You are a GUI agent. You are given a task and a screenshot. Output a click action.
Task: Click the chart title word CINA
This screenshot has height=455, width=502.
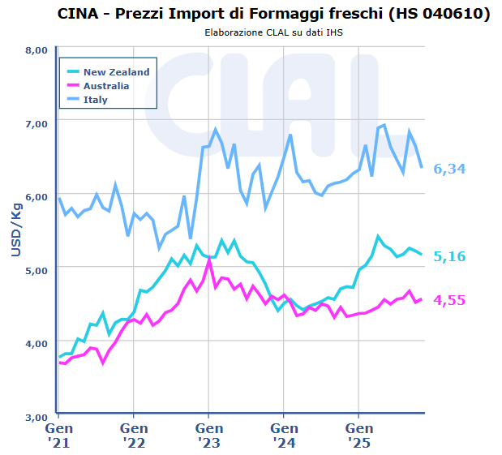tap(81, 15)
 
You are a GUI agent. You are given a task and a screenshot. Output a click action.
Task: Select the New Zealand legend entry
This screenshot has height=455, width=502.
tap(116, 71)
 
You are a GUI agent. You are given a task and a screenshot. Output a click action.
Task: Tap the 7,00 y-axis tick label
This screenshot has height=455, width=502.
tap(36, 122)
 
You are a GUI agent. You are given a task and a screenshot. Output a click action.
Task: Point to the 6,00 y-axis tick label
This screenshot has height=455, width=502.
tap(36, 196)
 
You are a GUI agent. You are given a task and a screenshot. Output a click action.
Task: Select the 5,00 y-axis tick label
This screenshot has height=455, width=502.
tap(36, 269)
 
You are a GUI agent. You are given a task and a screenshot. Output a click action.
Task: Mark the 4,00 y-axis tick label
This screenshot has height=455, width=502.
tap(36, 343)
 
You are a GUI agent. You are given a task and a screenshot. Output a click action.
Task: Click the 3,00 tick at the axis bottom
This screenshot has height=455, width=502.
tap(36, 416)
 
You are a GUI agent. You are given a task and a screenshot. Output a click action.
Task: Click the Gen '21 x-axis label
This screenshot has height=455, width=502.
tap(58, 434)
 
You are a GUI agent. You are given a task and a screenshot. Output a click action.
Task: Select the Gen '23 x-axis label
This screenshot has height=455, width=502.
tap(208, 434)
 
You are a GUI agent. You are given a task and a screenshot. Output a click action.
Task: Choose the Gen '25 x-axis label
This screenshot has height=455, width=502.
tap(358, 434)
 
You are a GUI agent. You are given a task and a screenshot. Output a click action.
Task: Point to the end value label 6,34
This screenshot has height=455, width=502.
tap(449, 169)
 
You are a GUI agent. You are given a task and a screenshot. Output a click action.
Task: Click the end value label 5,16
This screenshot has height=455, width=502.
tap(449, 256)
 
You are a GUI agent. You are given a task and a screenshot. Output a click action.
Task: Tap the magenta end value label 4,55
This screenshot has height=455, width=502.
tap(449, 300)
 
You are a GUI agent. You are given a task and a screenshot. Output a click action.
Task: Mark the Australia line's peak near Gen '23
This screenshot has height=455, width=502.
tap(209, 259)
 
